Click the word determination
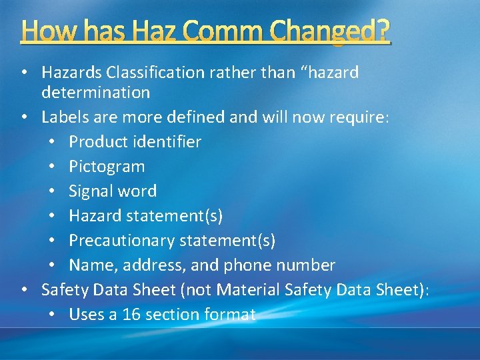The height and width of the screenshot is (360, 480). (x=95, y=92)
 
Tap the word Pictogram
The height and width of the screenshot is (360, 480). (x=107, y=166)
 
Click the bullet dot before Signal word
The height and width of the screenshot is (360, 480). (x=53, y=191)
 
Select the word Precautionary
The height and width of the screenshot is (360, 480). (x=120, y=240)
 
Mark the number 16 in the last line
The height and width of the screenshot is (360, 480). (x=130, y=315)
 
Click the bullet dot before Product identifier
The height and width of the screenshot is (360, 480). (x=53, y=142)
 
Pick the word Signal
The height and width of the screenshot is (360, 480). (x=92, y=191)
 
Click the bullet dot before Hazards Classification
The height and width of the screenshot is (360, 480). (x=25, y=73)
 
